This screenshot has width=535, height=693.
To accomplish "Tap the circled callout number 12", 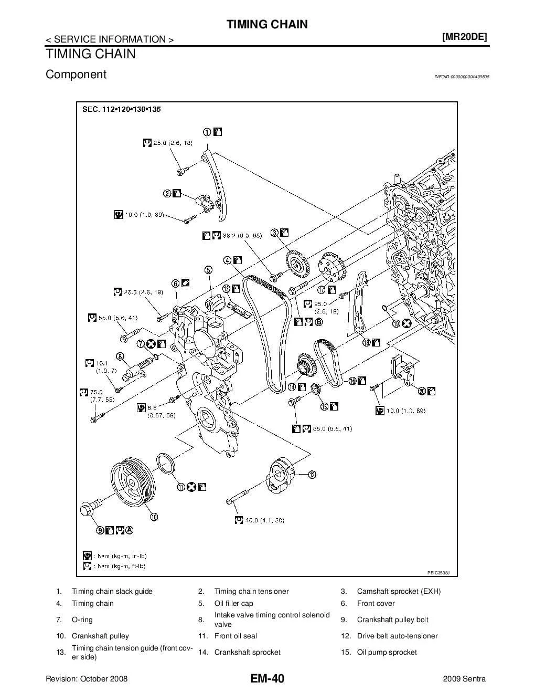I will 312,475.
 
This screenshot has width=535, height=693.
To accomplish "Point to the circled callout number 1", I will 208,132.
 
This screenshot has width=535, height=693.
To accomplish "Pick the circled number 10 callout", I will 154,517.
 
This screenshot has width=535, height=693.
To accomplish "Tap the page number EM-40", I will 267,679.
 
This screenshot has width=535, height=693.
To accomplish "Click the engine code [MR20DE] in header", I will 465,37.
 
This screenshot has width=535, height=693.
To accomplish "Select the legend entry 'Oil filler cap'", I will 233,603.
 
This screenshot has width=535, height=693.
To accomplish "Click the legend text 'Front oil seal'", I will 236,636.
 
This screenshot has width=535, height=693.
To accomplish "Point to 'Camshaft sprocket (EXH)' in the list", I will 399,591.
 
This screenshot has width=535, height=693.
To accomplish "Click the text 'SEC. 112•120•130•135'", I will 121,110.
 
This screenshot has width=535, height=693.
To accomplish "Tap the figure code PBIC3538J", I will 439,573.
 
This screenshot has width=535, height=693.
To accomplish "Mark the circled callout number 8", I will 120,356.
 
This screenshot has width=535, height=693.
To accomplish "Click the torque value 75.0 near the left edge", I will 96,392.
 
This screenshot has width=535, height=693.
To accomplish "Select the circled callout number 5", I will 208,270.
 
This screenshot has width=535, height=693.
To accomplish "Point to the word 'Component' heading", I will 76,75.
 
